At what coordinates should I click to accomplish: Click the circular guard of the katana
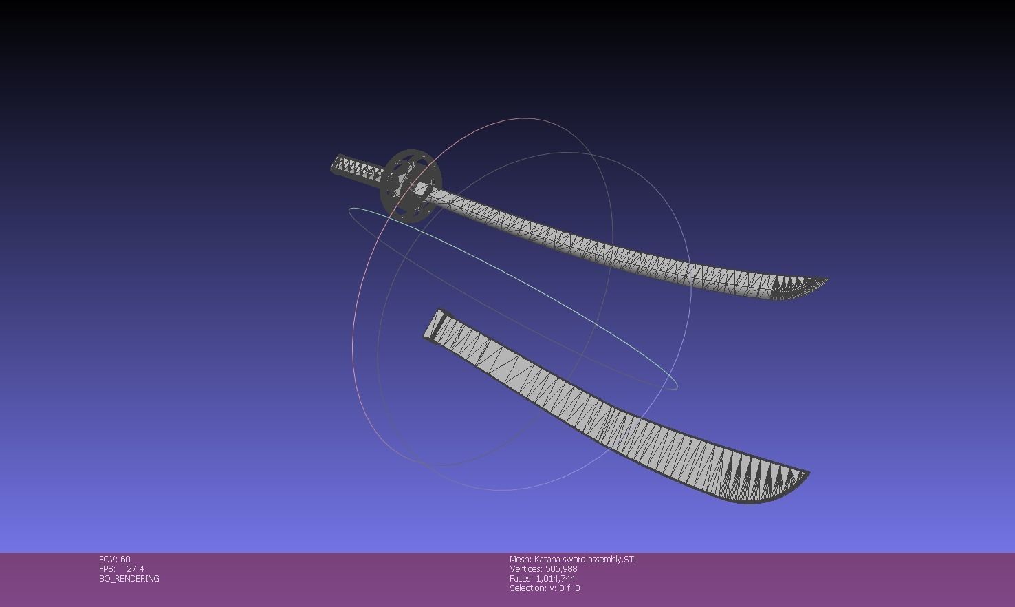click(x=411, y=184)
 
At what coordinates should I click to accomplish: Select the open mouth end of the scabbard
click(x=435, y=324)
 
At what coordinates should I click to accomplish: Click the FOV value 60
click(x=125, y=560)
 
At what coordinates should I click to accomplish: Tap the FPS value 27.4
click(x=135, y=569)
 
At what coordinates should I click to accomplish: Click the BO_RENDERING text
click(x=129, y=579)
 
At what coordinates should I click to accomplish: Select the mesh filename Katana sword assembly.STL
click(x=586, y=560)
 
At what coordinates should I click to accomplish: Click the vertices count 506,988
click(x=561, y=569)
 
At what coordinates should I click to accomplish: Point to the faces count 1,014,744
click(x=556, y=579)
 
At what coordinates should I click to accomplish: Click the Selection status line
click(x=545, y=588)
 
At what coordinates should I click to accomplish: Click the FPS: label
click(x=107, y=569)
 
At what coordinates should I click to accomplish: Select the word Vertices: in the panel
click(x=526, y=569)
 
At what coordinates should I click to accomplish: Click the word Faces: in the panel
click(x=521, y=579)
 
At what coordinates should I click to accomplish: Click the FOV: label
click(x=108, y=560)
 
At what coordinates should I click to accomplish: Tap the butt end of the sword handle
click(x=336, y=164)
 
